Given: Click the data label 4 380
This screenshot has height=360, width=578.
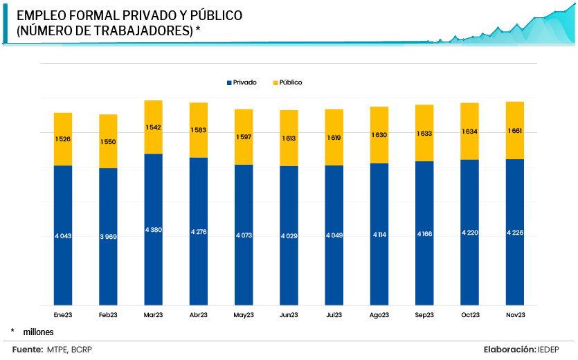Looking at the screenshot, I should (153, 229).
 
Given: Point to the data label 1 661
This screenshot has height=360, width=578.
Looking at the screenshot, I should (514, 130).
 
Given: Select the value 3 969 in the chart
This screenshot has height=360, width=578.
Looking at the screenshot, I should (108, 237).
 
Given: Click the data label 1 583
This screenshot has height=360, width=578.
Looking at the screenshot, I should (199, 130).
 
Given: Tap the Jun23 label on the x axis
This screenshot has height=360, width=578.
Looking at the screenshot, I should (289, 315).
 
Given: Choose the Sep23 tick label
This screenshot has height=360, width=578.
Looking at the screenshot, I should (424, 315).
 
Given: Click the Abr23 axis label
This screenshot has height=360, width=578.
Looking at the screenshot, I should (199, 315).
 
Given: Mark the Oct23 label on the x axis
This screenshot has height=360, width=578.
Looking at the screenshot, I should (469, 315).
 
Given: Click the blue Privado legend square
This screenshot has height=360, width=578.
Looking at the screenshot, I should (228, 82).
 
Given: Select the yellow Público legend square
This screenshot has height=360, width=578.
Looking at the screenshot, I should (275, 82).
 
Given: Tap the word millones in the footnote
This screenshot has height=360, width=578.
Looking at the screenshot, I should (38, 332).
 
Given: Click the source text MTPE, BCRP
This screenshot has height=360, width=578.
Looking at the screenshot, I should (69, 350).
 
